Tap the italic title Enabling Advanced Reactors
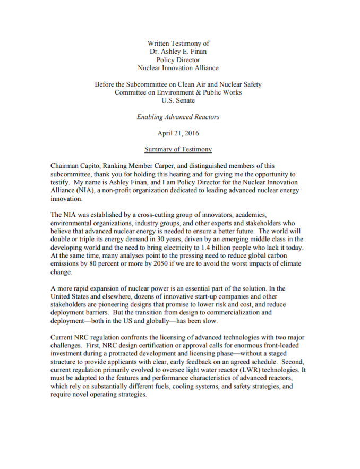coord(178,116)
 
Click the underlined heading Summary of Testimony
coord(178,149)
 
